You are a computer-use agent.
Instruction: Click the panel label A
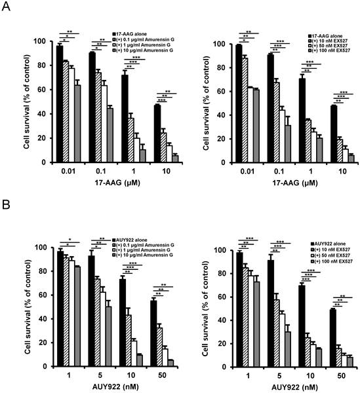point(8,8)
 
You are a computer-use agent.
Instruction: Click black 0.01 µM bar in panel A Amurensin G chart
point(60,103)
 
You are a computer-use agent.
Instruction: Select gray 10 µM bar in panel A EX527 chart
point(332,159)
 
